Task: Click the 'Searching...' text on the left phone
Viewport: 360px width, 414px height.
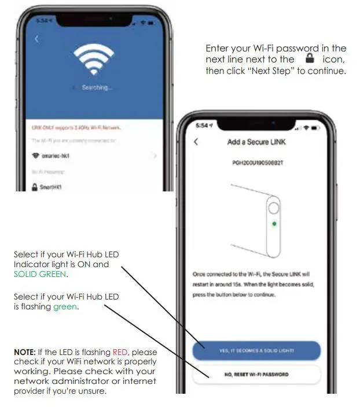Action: [x=97, y=87]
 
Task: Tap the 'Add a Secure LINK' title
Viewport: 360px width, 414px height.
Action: [x=256, y=142]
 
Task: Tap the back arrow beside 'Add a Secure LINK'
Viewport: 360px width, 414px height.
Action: [x=196, y=142]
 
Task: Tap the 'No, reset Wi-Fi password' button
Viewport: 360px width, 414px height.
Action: [x=256, y=374]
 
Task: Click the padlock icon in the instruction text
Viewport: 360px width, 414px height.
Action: [x=309, y=59]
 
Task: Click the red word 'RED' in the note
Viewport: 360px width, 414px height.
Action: [x=127, y=352]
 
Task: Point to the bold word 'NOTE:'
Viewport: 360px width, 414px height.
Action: [x=25, y=352]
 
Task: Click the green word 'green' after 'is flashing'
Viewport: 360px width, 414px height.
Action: [x=65, y=306]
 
